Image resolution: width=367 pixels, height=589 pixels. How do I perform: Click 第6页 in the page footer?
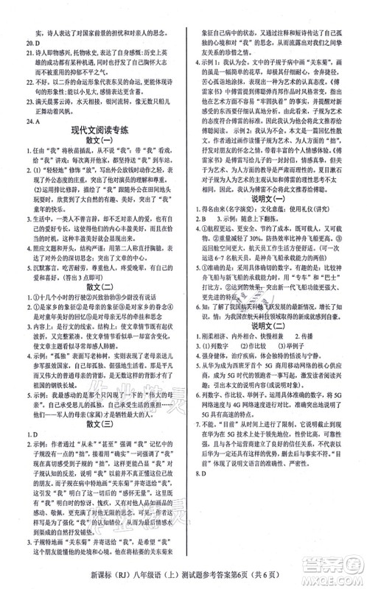[x=273, y=576]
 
